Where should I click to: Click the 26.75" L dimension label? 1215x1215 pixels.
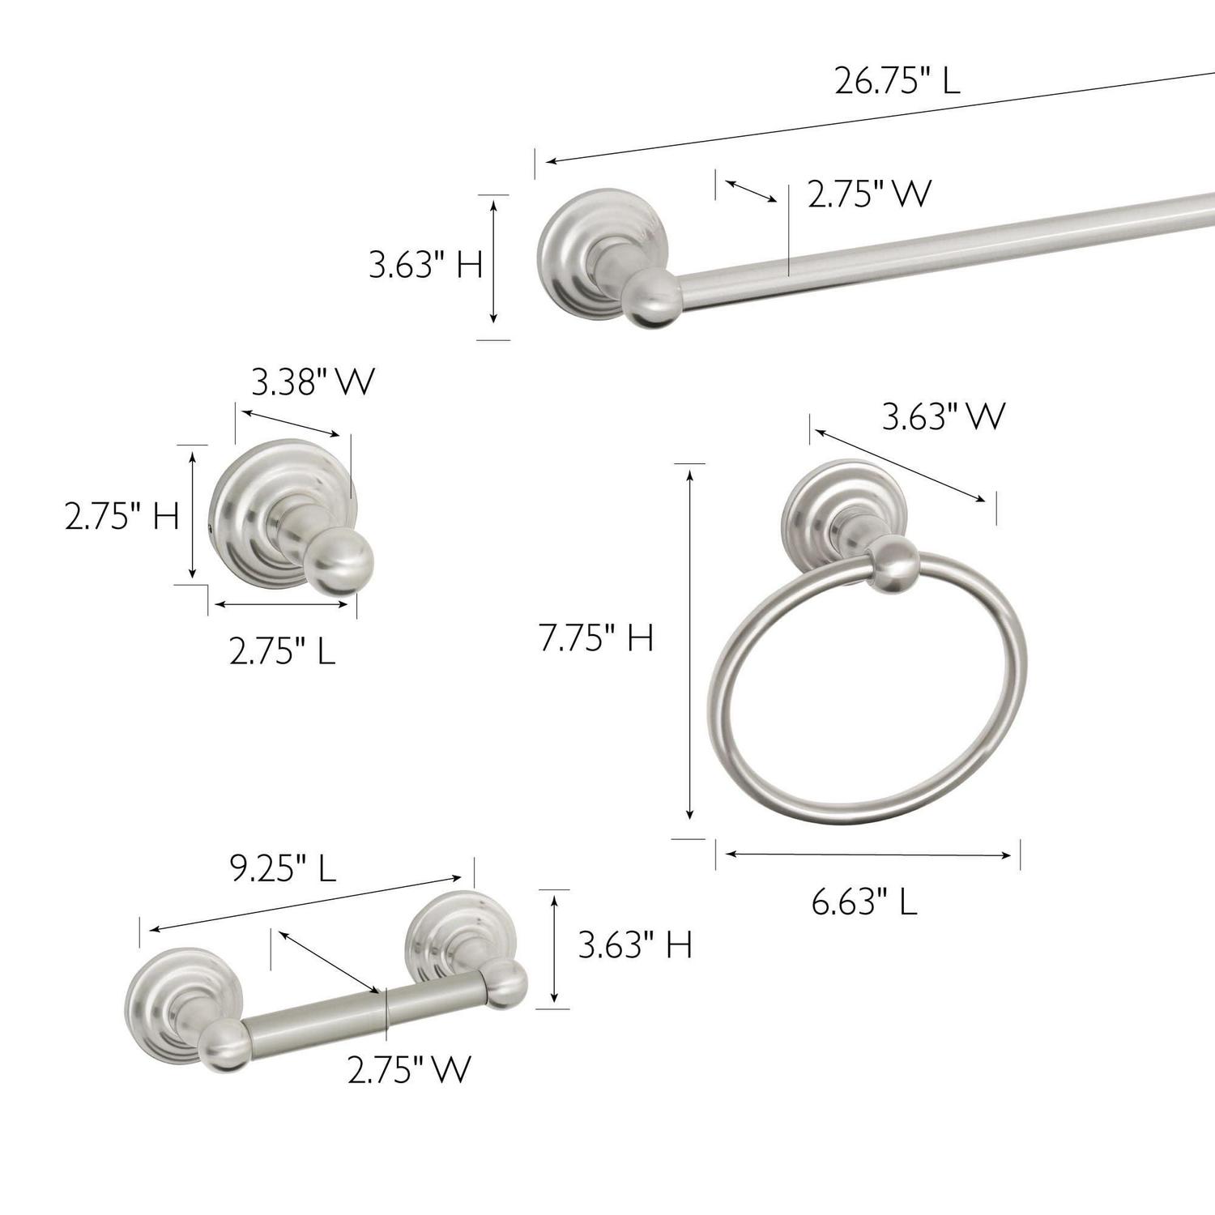tap(897, 81)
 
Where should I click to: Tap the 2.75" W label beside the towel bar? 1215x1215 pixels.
tap(870, 194)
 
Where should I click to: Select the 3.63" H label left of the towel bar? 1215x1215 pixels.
tap(426, 264)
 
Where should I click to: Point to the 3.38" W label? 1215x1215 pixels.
tap(313, 382)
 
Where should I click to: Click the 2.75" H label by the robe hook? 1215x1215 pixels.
tap(122, 516)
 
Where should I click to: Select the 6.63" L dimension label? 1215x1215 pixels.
tap(864, 901)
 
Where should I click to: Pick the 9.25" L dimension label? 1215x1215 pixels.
tap(283, 868)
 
